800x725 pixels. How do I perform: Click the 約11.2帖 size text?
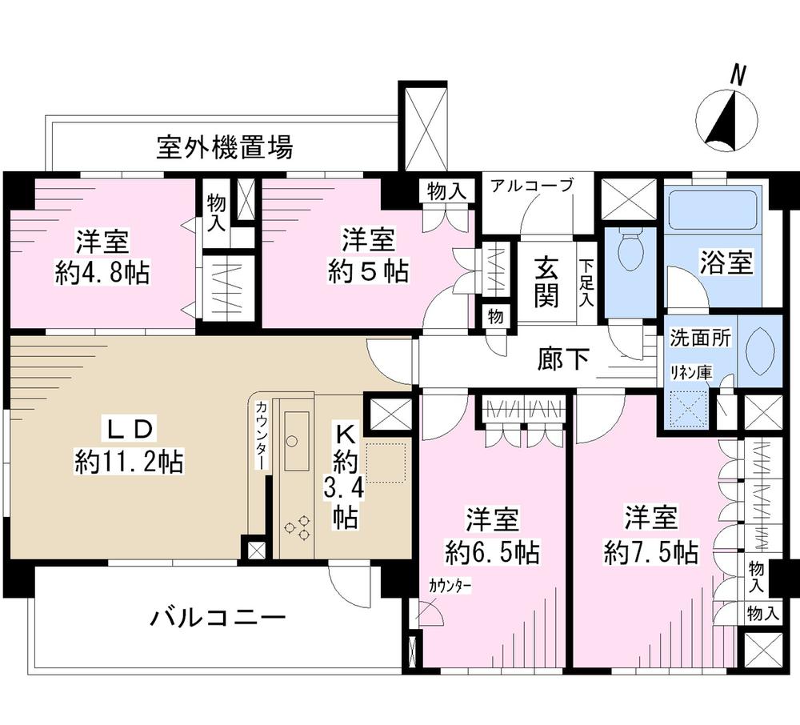tap(129, 462)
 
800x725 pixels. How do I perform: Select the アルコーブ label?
tap(532, 186)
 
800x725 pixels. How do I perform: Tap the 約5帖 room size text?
tap(368, 271)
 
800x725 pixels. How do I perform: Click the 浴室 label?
tap(726, 264)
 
